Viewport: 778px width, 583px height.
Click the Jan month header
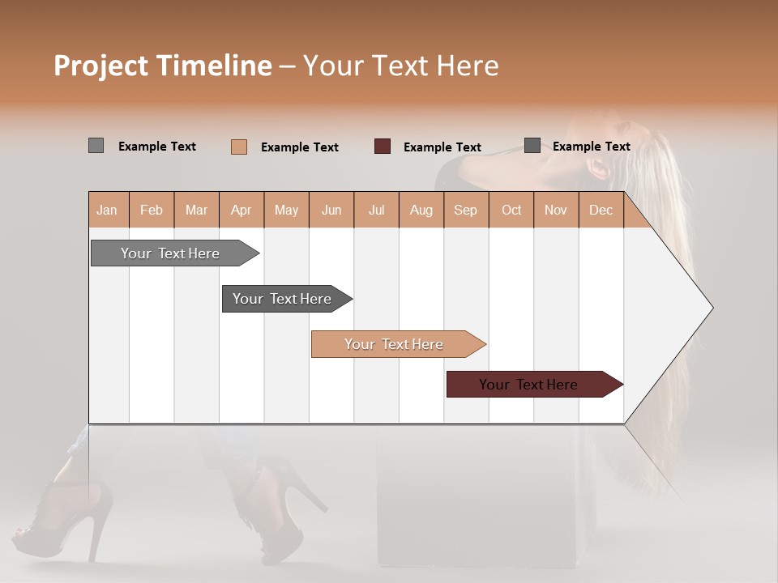pos(107,210)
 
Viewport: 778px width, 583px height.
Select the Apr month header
pos(241,210)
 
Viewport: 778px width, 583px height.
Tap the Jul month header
pos(376,210)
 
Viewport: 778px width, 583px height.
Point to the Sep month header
pos(465,210)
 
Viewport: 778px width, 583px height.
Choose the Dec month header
pos(601,210)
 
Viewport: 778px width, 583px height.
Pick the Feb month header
pos(152,210)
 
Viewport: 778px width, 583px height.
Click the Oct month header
pos(511,210)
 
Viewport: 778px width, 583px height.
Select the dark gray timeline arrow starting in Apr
pos(283,299)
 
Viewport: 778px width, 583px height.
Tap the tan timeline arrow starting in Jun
pos(395,344)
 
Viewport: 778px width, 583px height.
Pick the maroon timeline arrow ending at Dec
pos(529,385)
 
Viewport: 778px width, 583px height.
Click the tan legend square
pos(239,147)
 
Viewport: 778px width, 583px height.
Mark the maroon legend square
pos(383,146)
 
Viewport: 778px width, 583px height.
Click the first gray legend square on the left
pos(96,146)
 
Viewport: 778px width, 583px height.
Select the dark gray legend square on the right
pos(532,146)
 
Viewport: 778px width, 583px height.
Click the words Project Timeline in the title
pos(162,66)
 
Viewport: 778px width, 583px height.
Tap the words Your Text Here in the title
pos(400,66)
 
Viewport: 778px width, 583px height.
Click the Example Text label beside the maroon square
pos(442,147)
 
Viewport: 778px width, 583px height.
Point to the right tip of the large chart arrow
pos(711,308)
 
